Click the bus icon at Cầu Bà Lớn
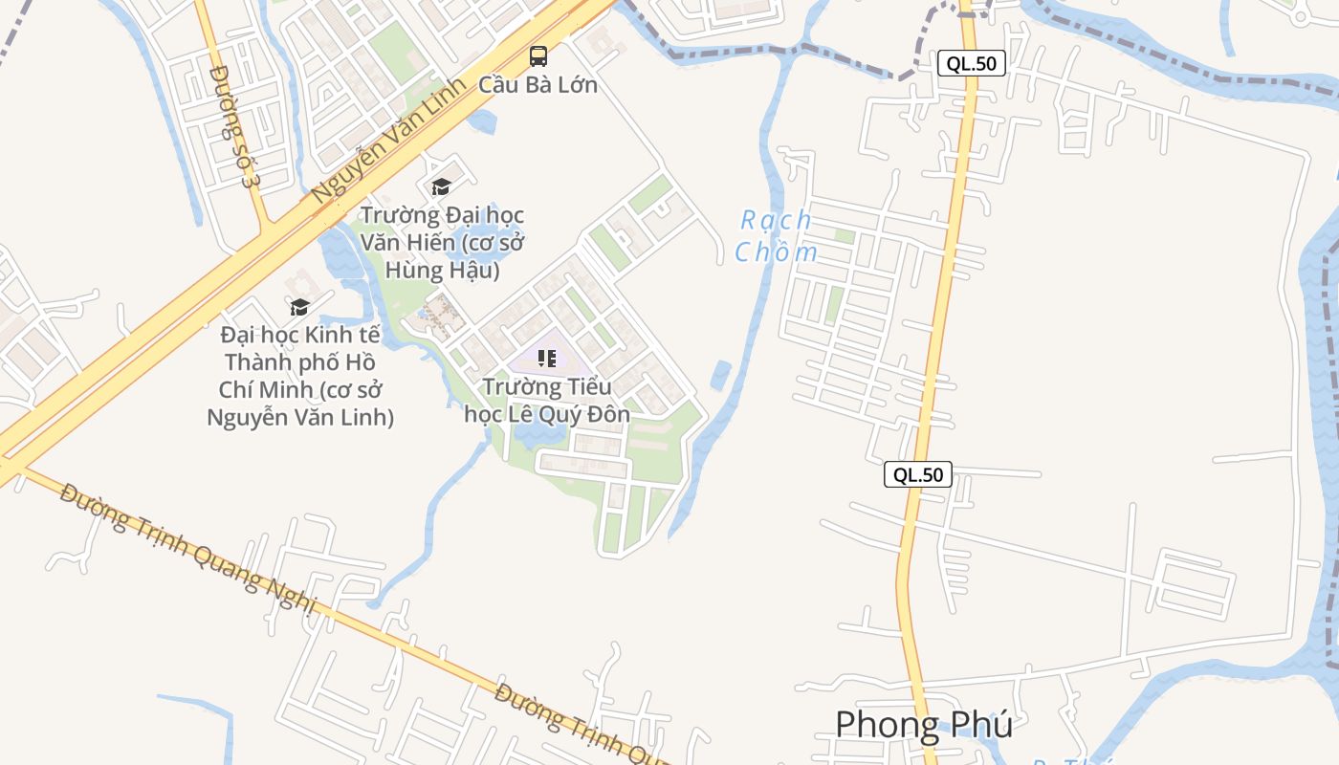[538, 56]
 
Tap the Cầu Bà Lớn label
[538, 84]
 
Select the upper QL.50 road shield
[971, 64]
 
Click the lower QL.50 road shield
[917, 474]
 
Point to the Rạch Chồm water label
[776, 236]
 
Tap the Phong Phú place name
[923, 725]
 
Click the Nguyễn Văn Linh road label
[387, 140]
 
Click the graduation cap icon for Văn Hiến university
[441, 186]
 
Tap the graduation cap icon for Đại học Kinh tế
[300, 307]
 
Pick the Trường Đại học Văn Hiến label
[442, 243]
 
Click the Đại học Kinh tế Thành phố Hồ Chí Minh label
[300, 376]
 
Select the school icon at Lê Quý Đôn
[546, 359]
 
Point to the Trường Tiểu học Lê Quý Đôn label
[547, 401]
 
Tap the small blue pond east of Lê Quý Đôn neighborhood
[721, 375]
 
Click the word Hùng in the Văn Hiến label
[414, 270]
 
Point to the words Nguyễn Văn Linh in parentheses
[300, 417]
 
